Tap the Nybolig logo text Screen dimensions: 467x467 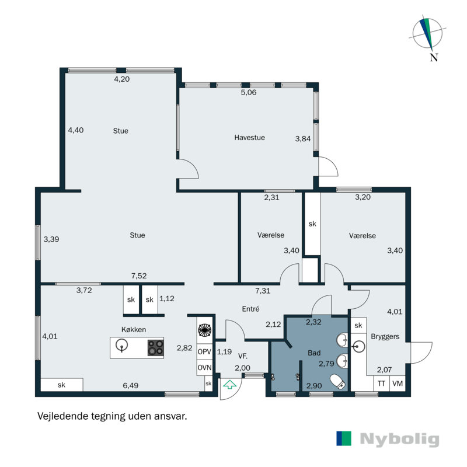point(399,439)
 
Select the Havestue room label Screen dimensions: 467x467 point(250,138)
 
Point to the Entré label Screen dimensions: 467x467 point(249,309)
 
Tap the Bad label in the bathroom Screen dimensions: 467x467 point(313,353)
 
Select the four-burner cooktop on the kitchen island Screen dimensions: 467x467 point(155,348)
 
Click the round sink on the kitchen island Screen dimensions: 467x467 point(122,347)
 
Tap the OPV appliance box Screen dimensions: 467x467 point(204,352)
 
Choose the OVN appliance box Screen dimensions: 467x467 point(204,368)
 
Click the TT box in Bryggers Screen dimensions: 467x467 point(381,384)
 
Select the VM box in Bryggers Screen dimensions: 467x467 point(398,384)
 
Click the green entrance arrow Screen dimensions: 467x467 point(230,385)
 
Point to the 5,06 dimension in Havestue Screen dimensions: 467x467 point(249,92)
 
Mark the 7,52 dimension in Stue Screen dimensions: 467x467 point(139,276)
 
